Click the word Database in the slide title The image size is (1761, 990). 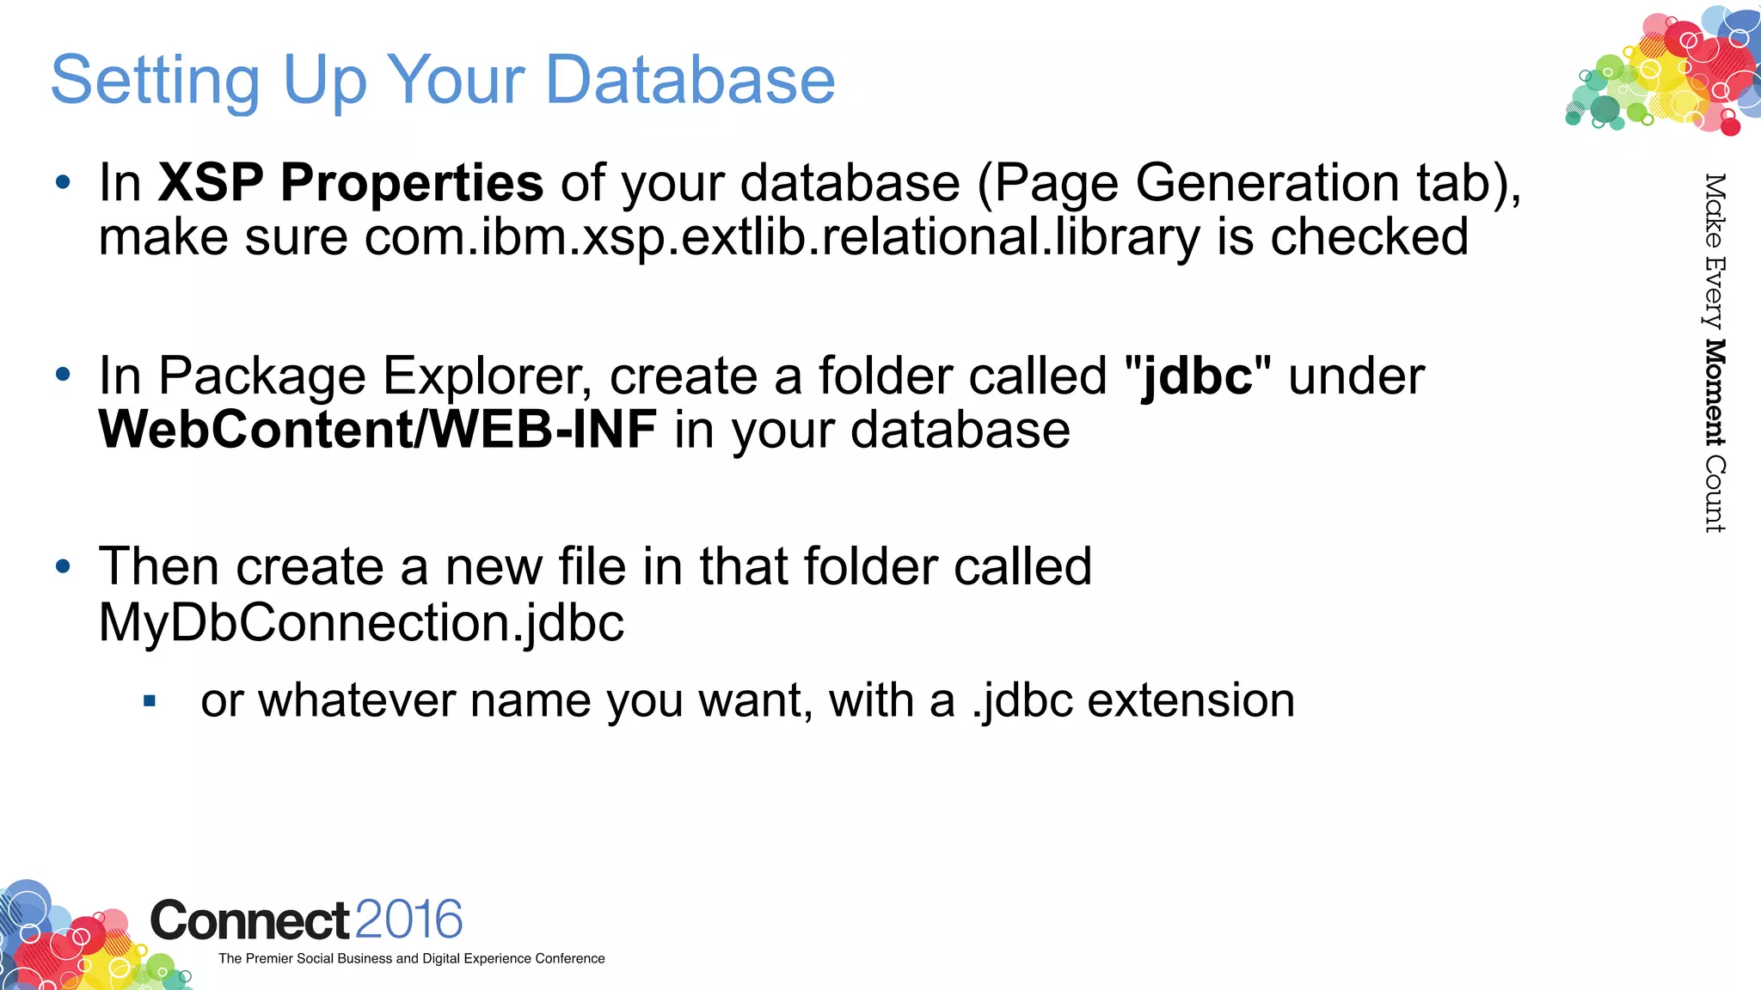(x=690, y=79)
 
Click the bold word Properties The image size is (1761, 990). (x=412, y=184)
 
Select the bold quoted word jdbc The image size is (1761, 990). (x=1197, y=377)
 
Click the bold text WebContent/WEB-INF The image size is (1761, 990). (x=378, y=429)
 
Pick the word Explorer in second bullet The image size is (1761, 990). (x=486, y=377)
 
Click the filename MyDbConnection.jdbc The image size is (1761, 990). (x=361, y=622)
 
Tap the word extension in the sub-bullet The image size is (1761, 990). (x=1191, y=700)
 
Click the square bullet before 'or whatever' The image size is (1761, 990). (x=150, y=701)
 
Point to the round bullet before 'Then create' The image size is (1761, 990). (x=62, y=567)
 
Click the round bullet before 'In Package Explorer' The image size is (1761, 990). (x=62, y=375)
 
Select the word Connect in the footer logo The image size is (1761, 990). (x=250, y=920)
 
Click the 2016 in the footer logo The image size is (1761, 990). (x=408, y=920)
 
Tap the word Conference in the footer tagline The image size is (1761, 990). (x=569, y=958)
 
